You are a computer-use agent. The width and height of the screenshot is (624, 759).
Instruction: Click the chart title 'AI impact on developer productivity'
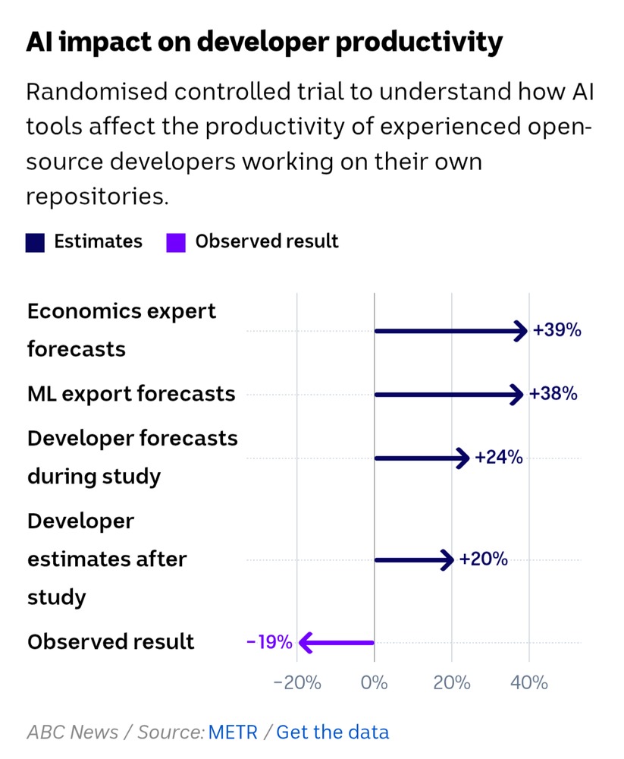pyautogui.click(x=264, y=43)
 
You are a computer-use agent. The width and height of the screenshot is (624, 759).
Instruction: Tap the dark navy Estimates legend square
pyautogui.click(x=36, y=242)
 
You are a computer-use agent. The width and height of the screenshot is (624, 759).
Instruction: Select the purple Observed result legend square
pyautogui.click(x=176, y=242)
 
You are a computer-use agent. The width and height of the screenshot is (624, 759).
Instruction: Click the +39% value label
pyautogui.click(x=557, y=331)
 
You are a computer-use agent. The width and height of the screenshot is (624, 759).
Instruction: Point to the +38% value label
pyautogui.click(x=553, y=394)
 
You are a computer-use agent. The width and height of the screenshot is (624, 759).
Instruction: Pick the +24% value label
pyautogui.click(x=498, y=458)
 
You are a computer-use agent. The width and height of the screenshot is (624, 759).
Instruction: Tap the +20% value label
pyautogui.click(x=483, y=560)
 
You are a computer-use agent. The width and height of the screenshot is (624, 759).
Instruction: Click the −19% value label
pyautogui.click(x=269, y=642)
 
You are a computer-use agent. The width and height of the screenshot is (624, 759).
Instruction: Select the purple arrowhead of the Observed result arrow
pyautogui.click(x=306, y=643)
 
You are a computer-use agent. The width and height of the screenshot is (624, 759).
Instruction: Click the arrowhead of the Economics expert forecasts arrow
pyautogui.click(x=521, y=331)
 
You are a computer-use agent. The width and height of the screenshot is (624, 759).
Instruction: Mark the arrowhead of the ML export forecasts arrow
pyautogui.click(x=517, y=394)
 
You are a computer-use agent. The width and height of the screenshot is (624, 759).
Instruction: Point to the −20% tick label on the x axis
pyautogui.click(x=297, y=682)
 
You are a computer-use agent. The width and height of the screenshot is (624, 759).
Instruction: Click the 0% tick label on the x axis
pyautogui.click(x=375, y=682)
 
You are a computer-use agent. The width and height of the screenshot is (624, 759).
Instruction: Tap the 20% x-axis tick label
pyautogui.click(x=452, y=682)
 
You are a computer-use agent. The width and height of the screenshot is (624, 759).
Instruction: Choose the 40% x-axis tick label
pyautogui.click(x=529, y=682)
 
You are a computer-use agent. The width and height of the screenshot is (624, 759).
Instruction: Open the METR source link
pyautogui.click(x=233, y=732)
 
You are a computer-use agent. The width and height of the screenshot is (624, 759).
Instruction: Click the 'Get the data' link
pyautogui.click(x=332, y=732)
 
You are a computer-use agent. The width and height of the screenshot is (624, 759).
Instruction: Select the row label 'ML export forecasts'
pyautogui.click(x=131, y=394)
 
